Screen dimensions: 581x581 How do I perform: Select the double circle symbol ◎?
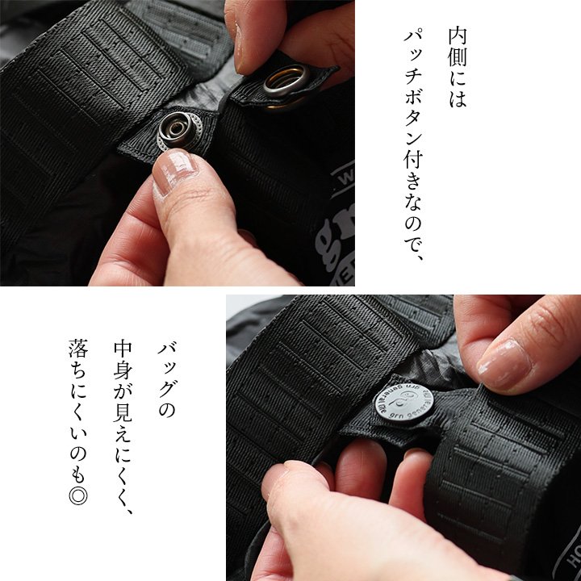click(78, 495)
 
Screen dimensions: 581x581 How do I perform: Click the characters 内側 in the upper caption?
click(458, 47)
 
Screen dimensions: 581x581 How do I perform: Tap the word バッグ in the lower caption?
click(167, 370)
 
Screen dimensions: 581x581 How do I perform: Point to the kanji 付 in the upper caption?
click(413, 160)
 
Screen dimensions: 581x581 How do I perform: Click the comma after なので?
click(419, 256)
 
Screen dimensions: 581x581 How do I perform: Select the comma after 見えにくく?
click(127, 509)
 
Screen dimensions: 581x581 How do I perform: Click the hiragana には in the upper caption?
click(458, 88)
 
